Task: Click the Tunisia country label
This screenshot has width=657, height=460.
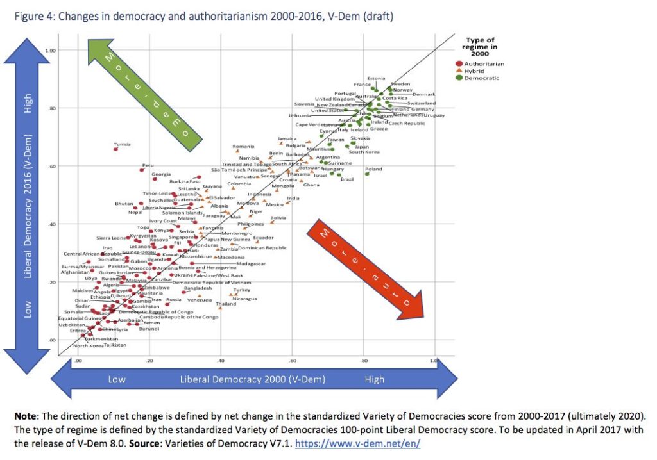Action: [x=122, y=144]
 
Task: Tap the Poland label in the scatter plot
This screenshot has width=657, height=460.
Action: [x=373, y=170]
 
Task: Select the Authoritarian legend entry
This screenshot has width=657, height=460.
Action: [x=484, y=64]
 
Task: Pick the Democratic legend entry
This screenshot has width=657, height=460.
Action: [x=481, y=78]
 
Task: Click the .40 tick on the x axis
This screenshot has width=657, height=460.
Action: [x=221, y=361]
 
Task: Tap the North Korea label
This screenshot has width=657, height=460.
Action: [x=88, y=346]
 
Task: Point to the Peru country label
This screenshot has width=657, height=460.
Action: [x=148, y=165]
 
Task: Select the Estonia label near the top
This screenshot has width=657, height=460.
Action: [x=376, y=79]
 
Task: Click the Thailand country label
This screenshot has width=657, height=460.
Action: [x=226, y=304]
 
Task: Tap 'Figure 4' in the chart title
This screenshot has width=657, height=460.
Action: [x=38, y=16]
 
